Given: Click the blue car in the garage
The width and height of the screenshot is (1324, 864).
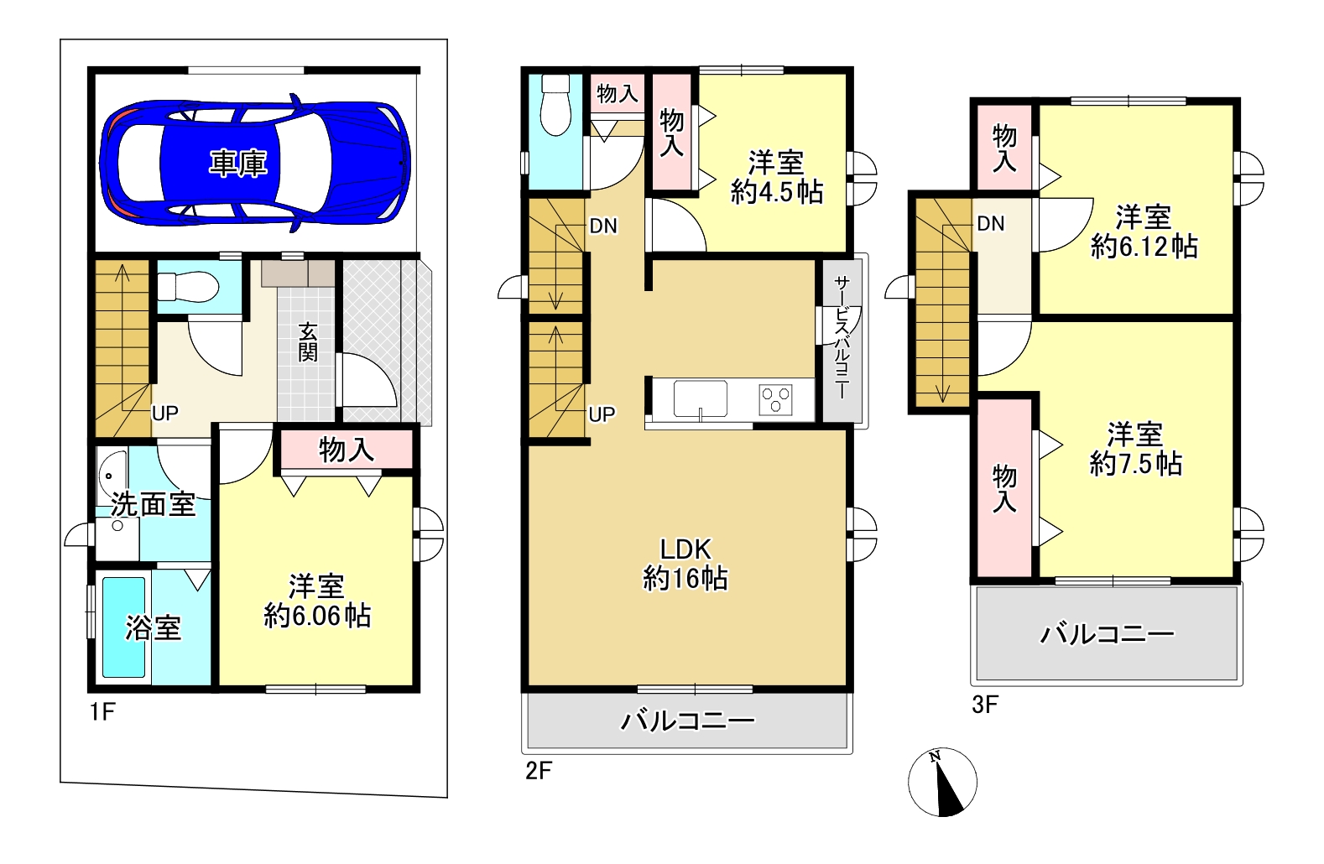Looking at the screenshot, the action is click(255, 163).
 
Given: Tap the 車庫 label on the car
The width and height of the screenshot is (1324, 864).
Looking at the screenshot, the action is click(238, 164).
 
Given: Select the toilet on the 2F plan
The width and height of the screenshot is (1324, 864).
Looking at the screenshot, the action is click(555, 105).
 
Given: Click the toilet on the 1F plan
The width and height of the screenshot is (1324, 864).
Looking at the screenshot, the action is click(188, 287).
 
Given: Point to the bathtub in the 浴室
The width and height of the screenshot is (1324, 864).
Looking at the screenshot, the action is click(123, 627).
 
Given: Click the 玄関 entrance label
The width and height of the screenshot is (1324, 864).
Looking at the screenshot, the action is click(307, 342).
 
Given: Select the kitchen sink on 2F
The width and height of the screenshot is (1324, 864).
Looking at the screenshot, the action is click(701, 399).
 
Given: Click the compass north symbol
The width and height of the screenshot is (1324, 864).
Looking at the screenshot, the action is click(942, 783).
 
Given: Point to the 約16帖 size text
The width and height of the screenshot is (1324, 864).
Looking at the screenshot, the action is click(685, 579).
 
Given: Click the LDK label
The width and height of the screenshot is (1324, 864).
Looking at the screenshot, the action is click(685, 549).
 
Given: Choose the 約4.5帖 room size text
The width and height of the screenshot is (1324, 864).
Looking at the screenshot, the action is click(777, 192).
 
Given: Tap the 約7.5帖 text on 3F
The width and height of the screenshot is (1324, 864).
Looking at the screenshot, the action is click(1135, 464).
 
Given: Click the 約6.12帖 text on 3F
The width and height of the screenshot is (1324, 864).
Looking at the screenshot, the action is click(1144, 247).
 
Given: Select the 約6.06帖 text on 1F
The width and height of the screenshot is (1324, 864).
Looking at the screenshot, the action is click(317, 617).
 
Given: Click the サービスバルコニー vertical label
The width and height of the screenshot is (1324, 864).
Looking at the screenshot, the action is click(842, 337).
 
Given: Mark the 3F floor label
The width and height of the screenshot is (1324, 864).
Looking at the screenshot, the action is click(985, 705).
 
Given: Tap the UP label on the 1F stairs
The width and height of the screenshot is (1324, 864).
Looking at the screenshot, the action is click(165, 413).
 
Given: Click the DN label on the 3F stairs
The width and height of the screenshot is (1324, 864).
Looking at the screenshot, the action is click(991, 223).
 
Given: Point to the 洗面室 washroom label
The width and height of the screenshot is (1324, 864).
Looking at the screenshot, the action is click(153, 504).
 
